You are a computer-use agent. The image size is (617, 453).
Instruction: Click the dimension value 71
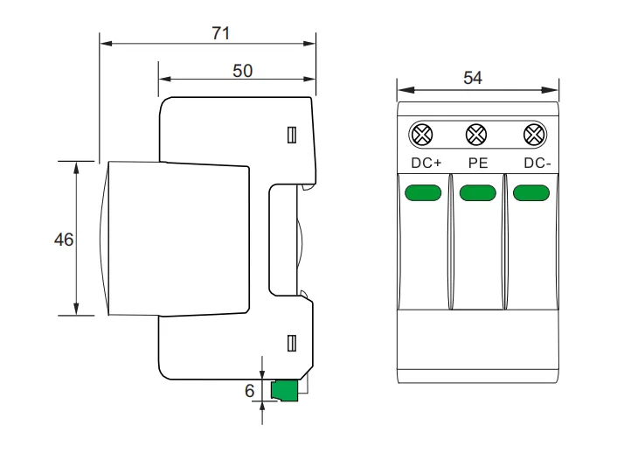[220, 32]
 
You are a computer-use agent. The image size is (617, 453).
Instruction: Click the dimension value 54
[472, 78]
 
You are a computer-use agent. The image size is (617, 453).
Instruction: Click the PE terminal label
[476, 163]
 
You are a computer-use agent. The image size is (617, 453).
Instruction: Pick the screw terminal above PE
[476, 135]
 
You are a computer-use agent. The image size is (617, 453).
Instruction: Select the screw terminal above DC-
[530, 135]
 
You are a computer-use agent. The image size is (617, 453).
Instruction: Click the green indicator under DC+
[423, 192]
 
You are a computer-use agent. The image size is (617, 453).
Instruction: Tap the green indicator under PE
[476, 192]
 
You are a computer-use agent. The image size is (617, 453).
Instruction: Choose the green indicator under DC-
[530, 192]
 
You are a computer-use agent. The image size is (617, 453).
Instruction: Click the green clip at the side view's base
[284, 391]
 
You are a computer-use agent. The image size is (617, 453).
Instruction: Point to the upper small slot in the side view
[292, 135]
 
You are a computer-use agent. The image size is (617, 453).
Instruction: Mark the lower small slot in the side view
[292, 343]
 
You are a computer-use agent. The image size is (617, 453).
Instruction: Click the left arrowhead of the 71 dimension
[103, 42]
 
